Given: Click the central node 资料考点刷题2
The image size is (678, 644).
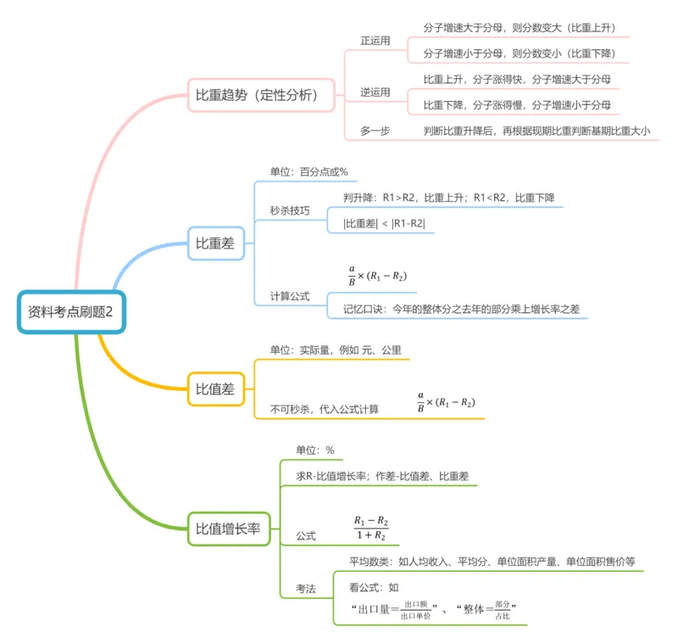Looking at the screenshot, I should pos(71,311).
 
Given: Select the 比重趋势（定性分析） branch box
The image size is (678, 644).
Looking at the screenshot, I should pos(256,95).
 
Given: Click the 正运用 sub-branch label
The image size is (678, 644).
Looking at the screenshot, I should pos(375,41).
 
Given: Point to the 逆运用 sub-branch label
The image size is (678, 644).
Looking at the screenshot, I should pos(375,92).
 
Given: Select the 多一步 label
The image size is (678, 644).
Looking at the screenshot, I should pos(375,131).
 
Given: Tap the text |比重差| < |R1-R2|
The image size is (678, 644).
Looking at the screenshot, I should pos(384,224).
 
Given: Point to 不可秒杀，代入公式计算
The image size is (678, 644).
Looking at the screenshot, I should pos(325,409).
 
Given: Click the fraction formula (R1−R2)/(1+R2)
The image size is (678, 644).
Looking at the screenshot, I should pos(370,528).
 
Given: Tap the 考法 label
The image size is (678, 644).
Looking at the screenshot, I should pos(306,588).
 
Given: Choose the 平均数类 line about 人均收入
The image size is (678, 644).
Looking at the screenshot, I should pos(492,562).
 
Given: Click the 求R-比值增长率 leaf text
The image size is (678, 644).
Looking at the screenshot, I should pos(382,477).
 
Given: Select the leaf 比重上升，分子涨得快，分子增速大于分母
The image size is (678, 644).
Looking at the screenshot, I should pos(517,79).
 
